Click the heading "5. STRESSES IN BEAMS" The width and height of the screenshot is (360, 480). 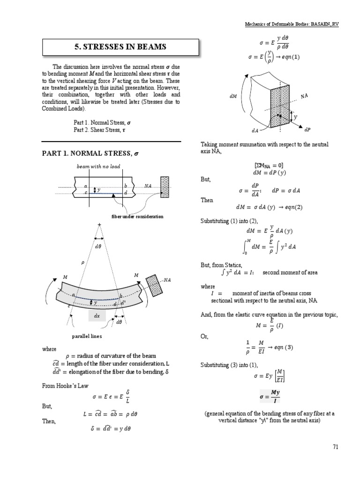pyautogui.click(x=111, y=47)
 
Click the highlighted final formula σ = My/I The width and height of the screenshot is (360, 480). pyautogui.click(x=269, y=397)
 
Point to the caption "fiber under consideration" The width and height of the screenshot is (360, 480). pyautogui.click(x=137, y=216)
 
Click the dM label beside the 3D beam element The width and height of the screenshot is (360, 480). pyautogui.click(x=233, y=96)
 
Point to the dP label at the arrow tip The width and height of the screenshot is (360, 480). pyautogui.click(x=307, y=129)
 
